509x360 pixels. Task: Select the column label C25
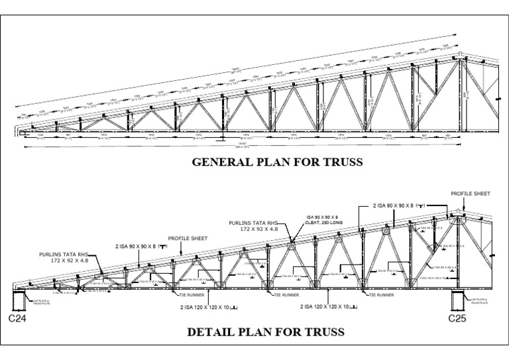458,319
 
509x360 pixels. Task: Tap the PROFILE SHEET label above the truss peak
471,194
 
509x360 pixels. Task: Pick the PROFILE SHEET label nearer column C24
188,238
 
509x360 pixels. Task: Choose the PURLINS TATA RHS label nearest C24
64,256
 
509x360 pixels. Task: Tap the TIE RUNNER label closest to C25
380,294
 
